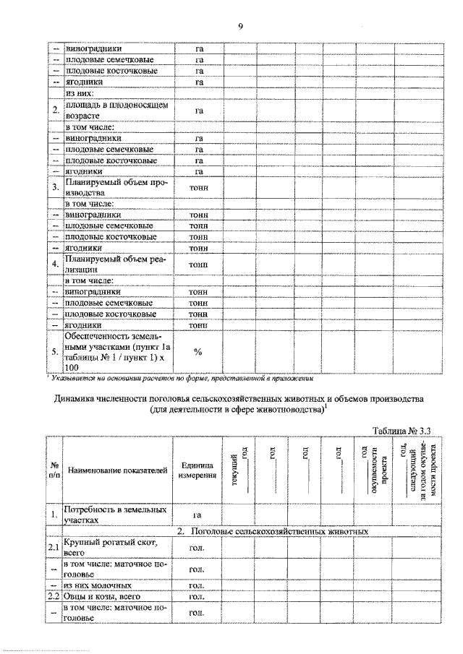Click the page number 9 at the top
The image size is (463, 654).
[240, 27]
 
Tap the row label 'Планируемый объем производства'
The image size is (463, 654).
[116, 187]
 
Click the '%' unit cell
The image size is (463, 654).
[197, 352]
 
